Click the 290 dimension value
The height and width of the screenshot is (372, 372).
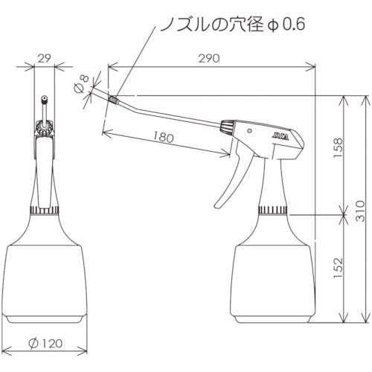209,59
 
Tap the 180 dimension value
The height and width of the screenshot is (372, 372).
164,137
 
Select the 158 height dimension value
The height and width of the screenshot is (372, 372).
338,148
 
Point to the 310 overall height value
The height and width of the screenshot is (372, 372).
360,211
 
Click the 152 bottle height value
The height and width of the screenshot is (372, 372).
338,268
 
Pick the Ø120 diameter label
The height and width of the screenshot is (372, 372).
45,344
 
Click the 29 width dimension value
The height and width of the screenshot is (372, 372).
44,59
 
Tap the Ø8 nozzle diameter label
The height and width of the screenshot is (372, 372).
81,84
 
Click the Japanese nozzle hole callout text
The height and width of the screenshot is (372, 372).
233,25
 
